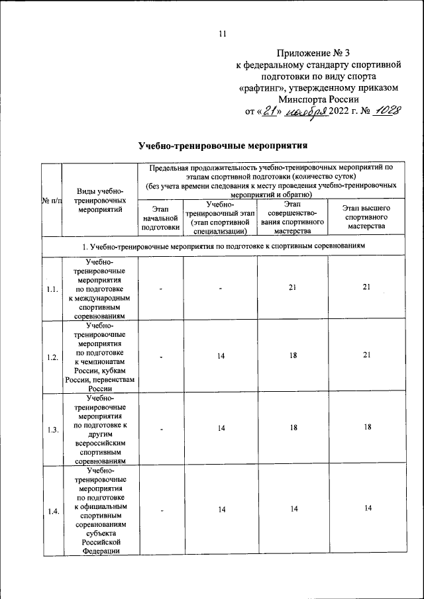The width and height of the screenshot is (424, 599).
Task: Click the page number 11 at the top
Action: tap(223, 34)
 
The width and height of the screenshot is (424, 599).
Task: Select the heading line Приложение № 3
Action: tap(317, 53)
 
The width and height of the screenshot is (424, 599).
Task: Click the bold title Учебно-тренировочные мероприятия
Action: tap(224, 145)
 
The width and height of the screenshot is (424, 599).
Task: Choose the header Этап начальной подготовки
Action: tap(160, 218)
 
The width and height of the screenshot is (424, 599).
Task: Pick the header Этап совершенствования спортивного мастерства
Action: tap(292, 218)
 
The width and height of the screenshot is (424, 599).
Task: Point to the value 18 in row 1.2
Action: tap(292, 356)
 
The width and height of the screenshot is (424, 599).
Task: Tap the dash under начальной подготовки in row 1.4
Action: tap(160, 509)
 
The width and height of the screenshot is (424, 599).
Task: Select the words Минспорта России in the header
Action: tap(317, 98)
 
